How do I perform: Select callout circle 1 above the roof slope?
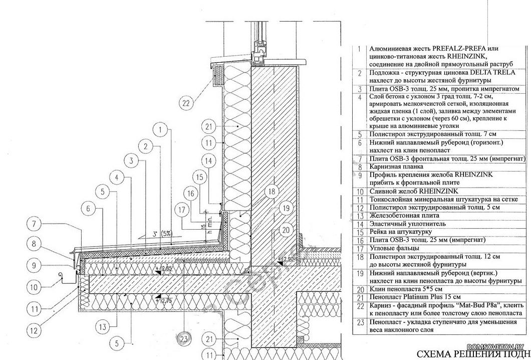coord(160,130)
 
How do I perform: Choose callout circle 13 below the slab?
coord(102,326)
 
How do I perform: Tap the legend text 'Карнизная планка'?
coord(396,166)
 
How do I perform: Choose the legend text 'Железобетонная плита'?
coord(404,215)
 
